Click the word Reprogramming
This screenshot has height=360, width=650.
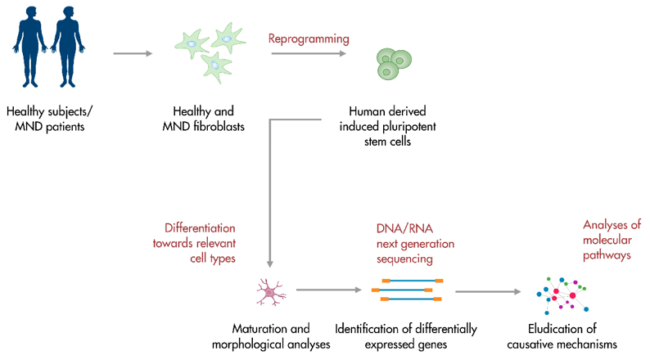pos(309,38)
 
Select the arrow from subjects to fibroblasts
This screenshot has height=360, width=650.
pos(132,54)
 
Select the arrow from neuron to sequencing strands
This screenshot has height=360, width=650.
pos(328,290)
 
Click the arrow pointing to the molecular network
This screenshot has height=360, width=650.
pos(488,291)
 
